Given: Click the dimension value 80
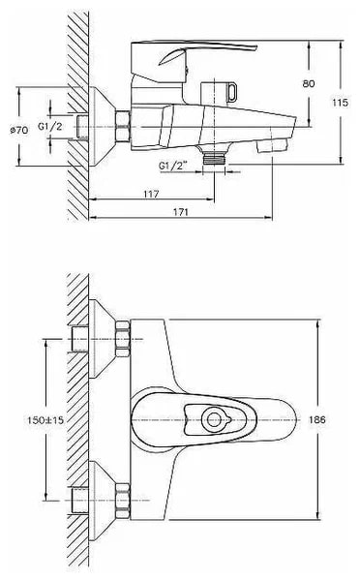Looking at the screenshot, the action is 309,83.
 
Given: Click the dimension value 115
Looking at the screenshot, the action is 340,103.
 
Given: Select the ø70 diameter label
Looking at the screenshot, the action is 19,130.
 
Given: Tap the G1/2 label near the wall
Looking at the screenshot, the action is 50,126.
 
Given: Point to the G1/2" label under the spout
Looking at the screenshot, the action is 172,166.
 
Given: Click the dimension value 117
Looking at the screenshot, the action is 151,194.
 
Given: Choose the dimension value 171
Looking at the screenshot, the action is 181,212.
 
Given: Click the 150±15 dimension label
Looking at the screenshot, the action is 45,420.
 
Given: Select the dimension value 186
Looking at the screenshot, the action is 316,419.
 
